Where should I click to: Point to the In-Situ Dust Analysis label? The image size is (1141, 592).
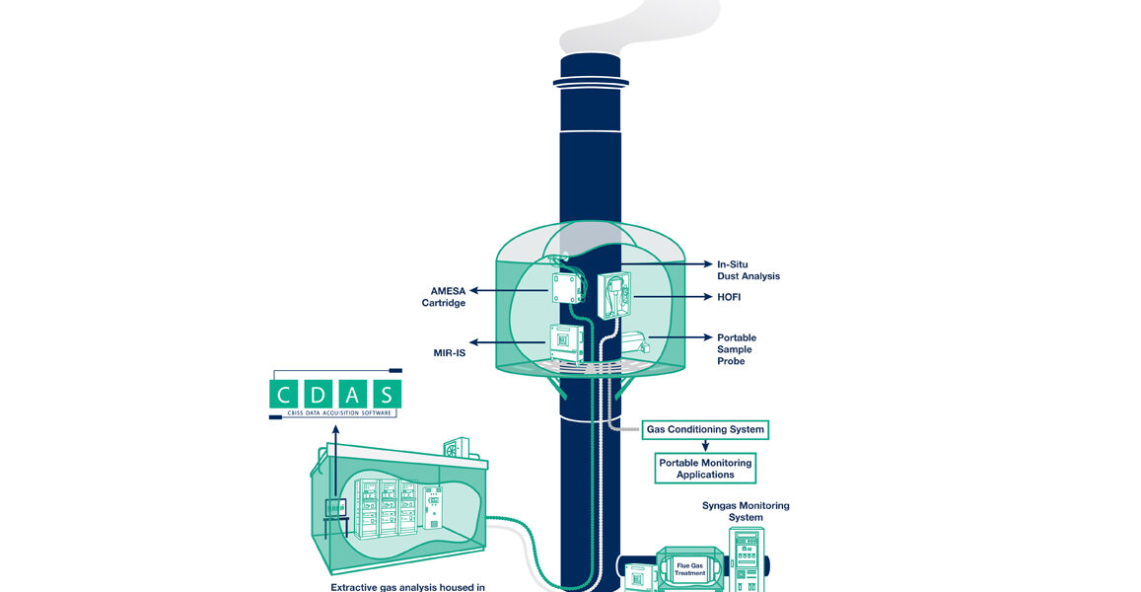pyautogui.click(x=748, y=270)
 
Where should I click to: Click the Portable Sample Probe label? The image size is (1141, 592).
pyautogui.click(x=737, y=349)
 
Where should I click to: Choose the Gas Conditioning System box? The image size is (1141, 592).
pyautogui.click(x=704, y=430)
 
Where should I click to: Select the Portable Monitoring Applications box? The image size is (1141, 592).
pyautogui.click(x=705, y=469)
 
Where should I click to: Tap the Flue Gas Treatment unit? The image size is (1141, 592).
pyautogui.click(x=690, y=569)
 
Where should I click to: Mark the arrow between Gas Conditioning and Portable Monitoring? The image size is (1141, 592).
pyautogui.click(x=704, y=446)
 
